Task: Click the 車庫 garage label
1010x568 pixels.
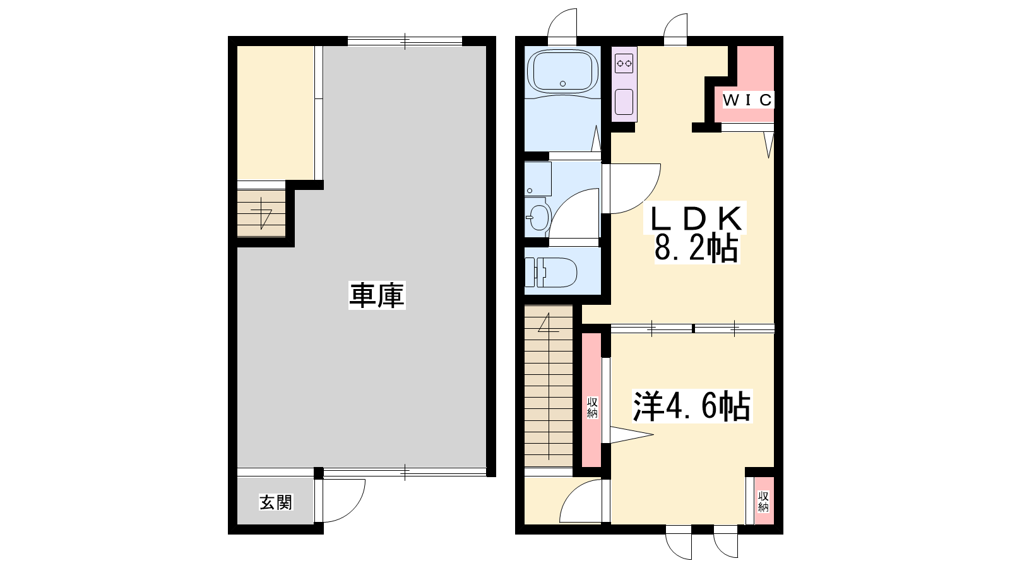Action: click(x=377, y=295)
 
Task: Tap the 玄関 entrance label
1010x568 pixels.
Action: click(x=276, y=502)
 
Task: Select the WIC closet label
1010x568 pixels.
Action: click(x=747, y=100)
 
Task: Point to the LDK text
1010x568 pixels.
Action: click(x=696, y=218)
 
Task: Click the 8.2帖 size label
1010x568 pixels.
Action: click(x=696, y=249)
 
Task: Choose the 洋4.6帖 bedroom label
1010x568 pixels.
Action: click(x=692, y=406)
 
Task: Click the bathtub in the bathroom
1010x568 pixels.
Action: click(x=562, y=72)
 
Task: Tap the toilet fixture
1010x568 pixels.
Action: click(x=551, y=272)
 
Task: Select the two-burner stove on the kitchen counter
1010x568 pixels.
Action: click(x=624, y=63)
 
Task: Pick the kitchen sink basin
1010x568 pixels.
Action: click(x=624, y=102)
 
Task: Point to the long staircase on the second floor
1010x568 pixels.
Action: click(x=549, y=386)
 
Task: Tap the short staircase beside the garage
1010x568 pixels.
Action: click(x=261, y=213)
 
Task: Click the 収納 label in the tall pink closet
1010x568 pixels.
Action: click(x=592, y=408)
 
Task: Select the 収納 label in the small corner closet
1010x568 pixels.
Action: click(x=763, y=502)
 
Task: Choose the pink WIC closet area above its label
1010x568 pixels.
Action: click(x=755, y=68)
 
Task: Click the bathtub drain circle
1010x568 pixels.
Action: click(x=562, y=83)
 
